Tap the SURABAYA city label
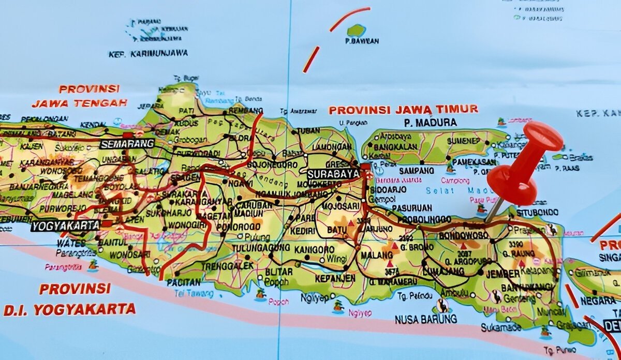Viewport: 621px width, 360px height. [x=333, y=174]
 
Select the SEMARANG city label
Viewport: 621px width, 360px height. [x=127, y=143]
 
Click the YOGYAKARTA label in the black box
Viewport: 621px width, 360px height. [x=65, y=226]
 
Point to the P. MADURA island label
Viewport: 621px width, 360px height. [x=431, y=123]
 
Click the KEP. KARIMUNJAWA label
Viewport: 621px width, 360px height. [x=148, y=53]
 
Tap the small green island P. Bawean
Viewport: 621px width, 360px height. [x=356, y=30]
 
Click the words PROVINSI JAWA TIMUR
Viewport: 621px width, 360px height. [x=404, y=110]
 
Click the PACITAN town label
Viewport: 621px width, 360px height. [x=184, y=282]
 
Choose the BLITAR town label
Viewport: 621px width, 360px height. [x=278, y=271]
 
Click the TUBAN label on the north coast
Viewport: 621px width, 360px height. [x=308, y=131]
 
